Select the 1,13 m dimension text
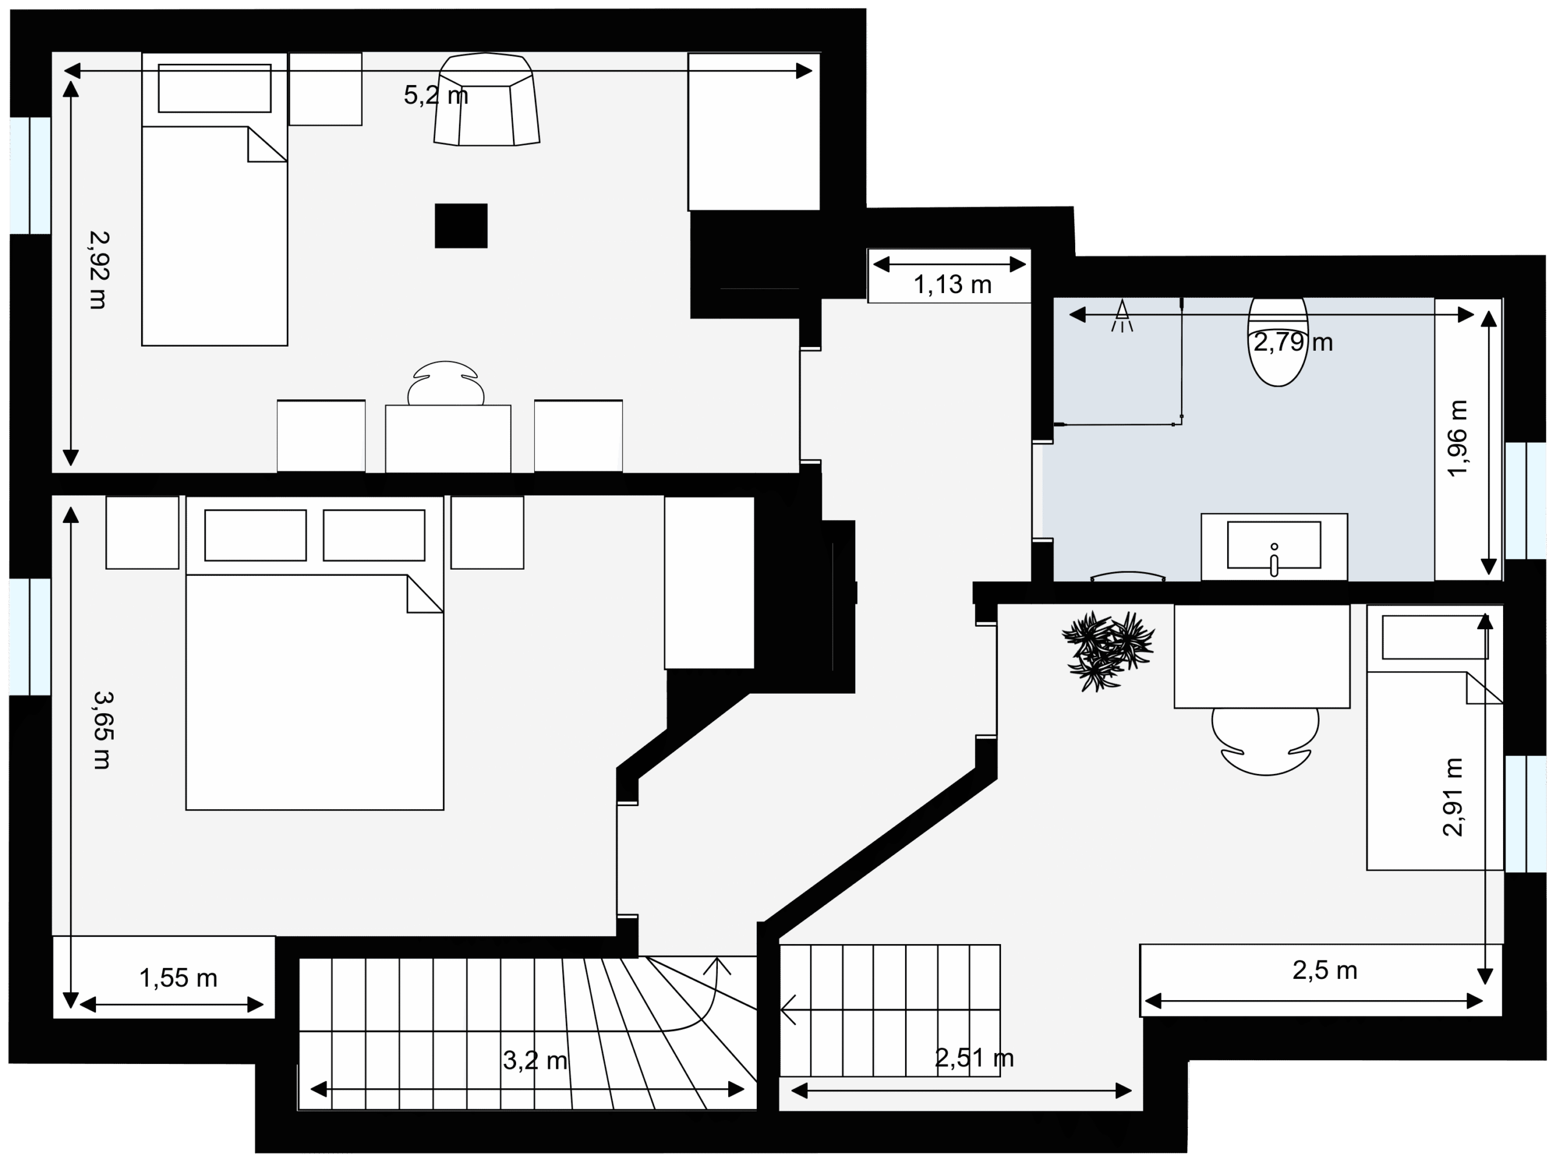tap(952, 285)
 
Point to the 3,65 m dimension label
tap(103, 730)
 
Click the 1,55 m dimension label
tap(179, 978)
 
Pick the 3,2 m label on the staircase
tap(535, 1060)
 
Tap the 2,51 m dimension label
tap(974, 1057)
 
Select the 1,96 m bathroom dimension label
tap(1458, 438)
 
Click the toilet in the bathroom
tap(1278, 342)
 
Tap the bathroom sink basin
tap(1274, 545)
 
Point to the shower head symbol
tap(1122, 316)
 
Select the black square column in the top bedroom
tap(461, 226)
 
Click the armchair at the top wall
tap(487, 99)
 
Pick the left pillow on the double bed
tap(255, 536)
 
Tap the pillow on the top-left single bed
tap(215, 88)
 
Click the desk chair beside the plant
tap(1265, 742)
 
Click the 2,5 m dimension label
tap(1324, 970)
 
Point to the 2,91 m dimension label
tap(1453, 797)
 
